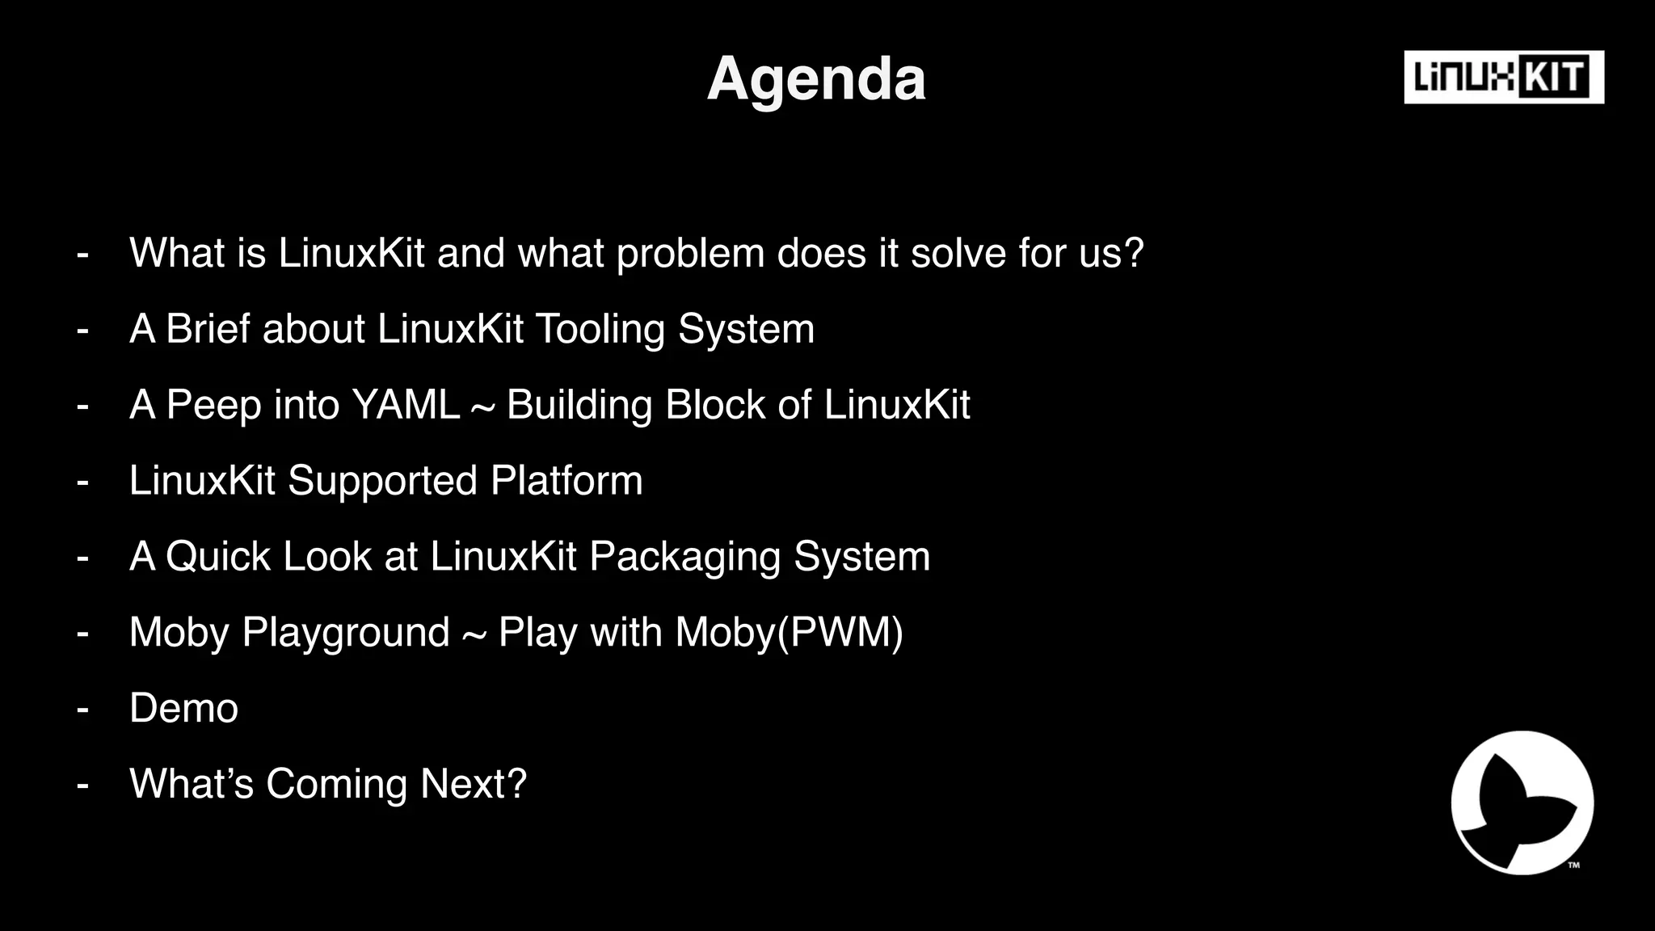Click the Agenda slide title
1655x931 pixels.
tap(816, 79)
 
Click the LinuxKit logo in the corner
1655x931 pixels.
tap(1503, 78)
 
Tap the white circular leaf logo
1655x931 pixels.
tap(1522, 803)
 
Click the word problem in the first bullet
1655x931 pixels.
tap(690, 254)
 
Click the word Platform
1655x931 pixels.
tap(566, 481)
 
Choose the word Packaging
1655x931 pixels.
tap(684, 558)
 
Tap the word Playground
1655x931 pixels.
tap(346, 633)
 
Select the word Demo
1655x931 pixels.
tap(183, 708)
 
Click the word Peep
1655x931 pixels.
tap(213, 405)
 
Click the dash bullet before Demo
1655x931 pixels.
tap(82, 709)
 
